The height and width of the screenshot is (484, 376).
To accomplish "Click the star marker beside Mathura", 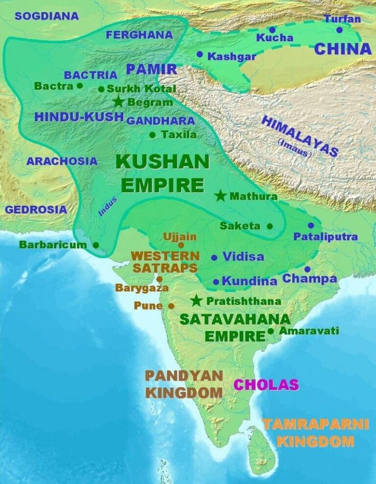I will click(x=221, y=196).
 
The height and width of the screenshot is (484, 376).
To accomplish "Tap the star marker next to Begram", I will click(x=118, y=102).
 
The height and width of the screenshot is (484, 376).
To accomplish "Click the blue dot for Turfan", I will click(x=339, y=30).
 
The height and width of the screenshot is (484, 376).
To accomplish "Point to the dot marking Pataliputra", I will click(x=311, y=225).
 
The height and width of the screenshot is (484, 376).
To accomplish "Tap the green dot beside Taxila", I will click(x=152, y=134).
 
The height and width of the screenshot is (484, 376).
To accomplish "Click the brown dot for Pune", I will click(x=171, y=306).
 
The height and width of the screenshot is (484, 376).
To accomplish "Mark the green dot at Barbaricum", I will click(x=95, y=244).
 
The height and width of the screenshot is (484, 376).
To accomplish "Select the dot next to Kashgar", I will click(x=199, y=54).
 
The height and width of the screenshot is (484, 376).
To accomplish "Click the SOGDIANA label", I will click(x=47, y=16).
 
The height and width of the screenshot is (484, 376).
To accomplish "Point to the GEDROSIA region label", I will click(x=36, y=210).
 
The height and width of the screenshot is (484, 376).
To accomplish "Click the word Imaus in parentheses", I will click(x=294, y=148).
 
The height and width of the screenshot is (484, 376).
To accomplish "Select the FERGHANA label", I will click(x=140, y=35).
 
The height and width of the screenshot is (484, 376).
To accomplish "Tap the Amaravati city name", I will click(x=309, y=331).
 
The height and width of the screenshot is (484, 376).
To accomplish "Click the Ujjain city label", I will click(x=180, y=237).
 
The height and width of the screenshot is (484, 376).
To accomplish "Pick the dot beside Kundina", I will click(x=216, y=282).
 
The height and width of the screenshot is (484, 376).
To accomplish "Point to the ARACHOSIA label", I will click(x=62, y=161).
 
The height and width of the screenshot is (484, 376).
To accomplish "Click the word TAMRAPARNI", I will click(x=315, y=424).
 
